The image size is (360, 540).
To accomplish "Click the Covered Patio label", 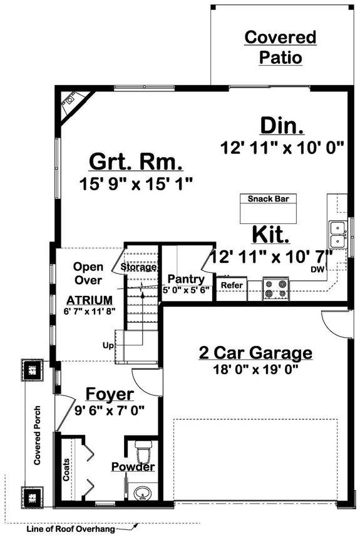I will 280,48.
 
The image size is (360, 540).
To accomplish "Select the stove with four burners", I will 275,288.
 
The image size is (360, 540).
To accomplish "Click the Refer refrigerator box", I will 231,285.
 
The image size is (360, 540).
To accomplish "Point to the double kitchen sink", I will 337,235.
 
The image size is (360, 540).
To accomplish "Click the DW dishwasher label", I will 318,269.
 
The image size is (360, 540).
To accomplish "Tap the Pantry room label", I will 185,279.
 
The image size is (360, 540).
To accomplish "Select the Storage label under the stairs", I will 138,267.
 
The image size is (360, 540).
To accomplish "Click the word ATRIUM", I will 90,300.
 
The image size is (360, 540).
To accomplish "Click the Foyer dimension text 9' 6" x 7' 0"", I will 110,410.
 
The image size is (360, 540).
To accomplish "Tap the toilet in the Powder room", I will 143,451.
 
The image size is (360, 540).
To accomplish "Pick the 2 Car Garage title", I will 255,353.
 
